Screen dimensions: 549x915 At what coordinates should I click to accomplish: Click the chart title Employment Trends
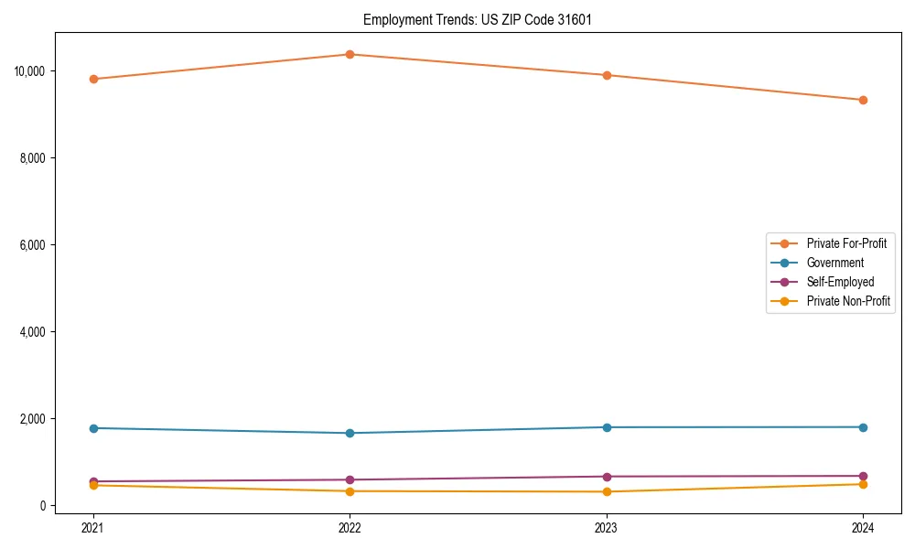(x=478, y=19)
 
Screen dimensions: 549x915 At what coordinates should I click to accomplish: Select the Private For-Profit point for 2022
(x=350, y=54)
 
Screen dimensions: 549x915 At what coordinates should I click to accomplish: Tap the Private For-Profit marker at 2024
(x=863, y=100)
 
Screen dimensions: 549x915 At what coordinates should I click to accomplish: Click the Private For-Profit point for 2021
(x=93, y=79)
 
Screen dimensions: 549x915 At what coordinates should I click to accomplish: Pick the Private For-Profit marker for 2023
(x=607, y=75)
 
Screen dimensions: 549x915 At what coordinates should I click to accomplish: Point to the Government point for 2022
(x=350, y=433)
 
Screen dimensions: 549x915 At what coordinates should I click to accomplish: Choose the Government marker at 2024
(x=863, y=427)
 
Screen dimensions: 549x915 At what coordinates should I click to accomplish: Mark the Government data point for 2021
(x=93, y=428)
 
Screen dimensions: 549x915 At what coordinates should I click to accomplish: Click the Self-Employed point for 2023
(x=607, y=477)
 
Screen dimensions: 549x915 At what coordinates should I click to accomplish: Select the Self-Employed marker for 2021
(x=93, y=481)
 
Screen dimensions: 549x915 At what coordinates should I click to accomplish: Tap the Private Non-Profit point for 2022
(x=350, y=491)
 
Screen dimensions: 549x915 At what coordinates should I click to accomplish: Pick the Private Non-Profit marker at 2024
(x=863, y=484)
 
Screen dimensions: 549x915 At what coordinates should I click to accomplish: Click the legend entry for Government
(x=834, y=263)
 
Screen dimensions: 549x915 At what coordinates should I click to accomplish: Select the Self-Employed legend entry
(x=840, y=282)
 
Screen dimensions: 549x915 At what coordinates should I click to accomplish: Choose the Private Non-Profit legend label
(x=848, y=301)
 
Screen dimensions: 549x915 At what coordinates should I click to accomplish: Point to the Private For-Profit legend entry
(x=846, y=243)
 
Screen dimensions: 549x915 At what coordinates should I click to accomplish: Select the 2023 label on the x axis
(x=607, y=527)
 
